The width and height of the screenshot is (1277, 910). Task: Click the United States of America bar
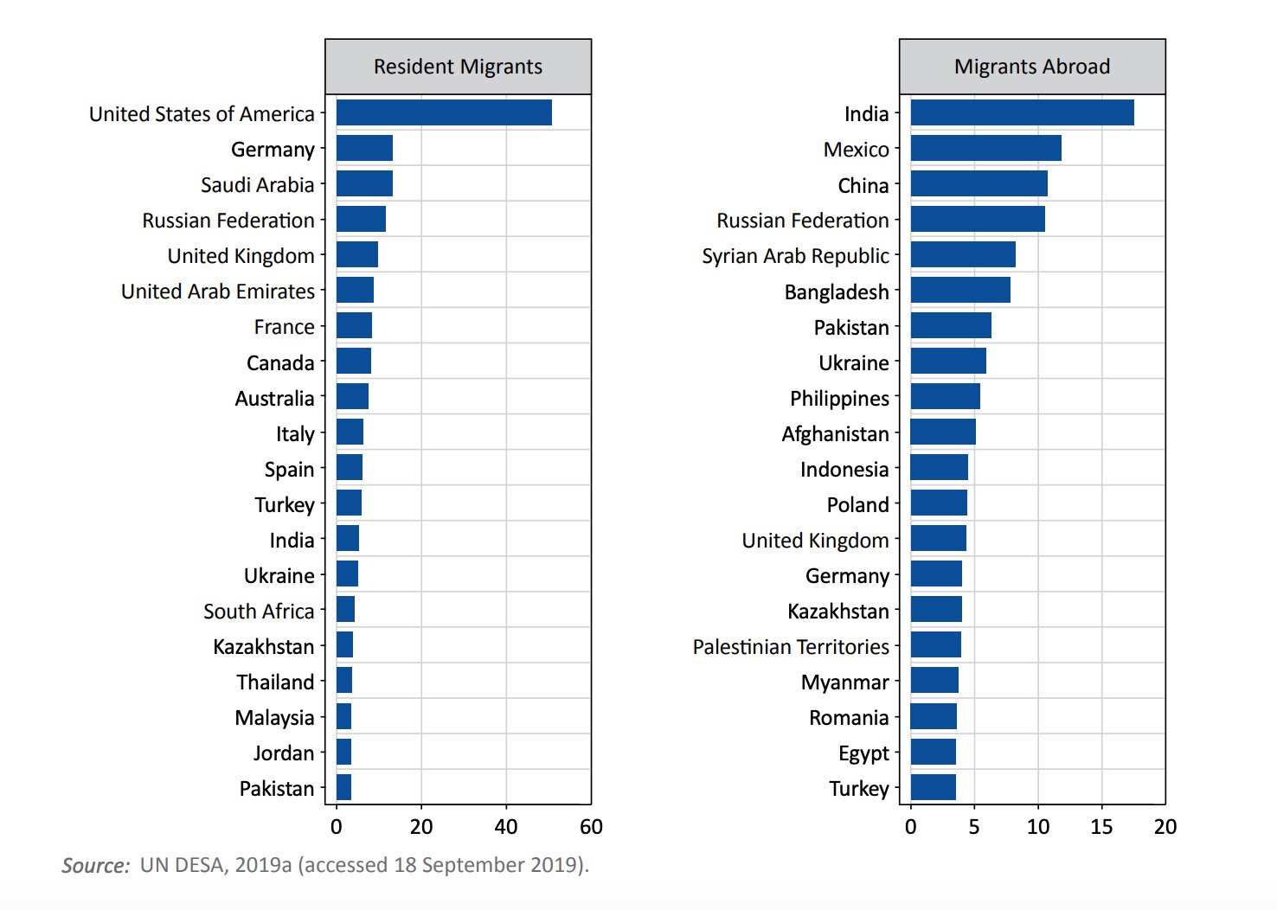[x=444, y=112]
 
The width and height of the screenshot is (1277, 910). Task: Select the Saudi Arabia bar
[x=364, y=183]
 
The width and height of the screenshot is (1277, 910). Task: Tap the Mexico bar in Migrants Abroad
[x=985, y=148]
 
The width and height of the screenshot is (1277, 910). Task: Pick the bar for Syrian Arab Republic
[x=963, y=254]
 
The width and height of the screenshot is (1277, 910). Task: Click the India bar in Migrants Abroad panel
[x=1022, y=112]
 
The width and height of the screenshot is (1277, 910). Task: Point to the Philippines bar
[x=945, y=396]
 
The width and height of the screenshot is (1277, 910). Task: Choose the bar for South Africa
[x=345, y=609]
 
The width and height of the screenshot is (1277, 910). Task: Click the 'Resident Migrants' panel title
[x=458, y=67]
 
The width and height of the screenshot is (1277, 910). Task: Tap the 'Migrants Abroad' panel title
[x=1032, y=67]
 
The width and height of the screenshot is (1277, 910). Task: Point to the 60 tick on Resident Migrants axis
[x=591, y=827]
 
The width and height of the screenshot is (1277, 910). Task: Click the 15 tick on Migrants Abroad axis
[x=1101, y=827]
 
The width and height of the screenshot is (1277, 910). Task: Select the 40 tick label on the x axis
[x=506, y=827]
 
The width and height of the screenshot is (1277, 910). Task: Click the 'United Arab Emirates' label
[x=218, y=292]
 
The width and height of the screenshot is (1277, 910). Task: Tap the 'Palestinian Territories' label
[x=791, y=647]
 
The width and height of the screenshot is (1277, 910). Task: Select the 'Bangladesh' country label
[x=837, y=292]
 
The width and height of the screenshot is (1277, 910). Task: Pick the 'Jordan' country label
[x=284, y=753]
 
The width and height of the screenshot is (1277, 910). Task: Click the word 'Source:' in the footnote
[x=95, y=866]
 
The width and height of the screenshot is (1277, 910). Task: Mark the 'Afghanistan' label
[x=835, y=434]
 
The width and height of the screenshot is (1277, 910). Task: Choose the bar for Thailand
[x=344, y=680]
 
